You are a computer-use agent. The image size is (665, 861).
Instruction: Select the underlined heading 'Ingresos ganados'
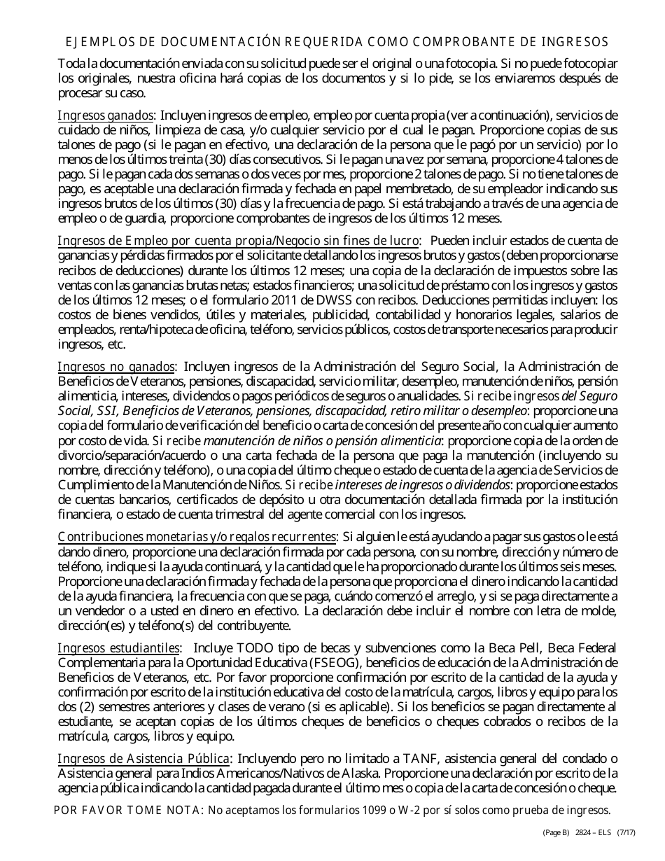105,115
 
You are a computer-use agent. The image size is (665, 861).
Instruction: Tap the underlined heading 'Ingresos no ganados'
116,366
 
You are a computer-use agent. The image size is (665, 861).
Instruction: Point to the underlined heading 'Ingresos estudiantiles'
119,648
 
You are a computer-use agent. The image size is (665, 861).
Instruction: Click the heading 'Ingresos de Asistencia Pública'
143,759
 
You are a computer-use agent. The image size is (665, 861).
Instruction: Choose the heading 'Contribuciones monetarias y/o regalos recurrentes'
197,537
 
